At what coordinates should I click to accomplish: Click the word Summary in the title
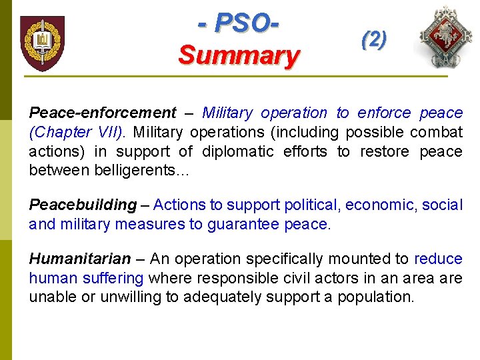point(239,55)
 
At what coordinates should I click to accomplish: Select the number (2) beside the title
point(373,39)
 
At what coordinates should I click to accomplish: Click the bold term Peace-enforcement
point(102,113)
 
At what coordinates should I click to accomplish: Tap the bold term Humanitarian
point(80,259)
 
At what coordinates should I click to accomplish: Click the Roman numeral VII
point(107,132)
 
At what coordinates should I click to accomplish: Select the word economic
point(377,205)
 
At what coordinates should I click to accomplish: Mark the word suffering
point(113,277)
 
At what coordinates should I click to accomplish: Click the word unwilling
point(111,297)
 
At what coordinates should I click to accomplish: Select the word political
point(311,205)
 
